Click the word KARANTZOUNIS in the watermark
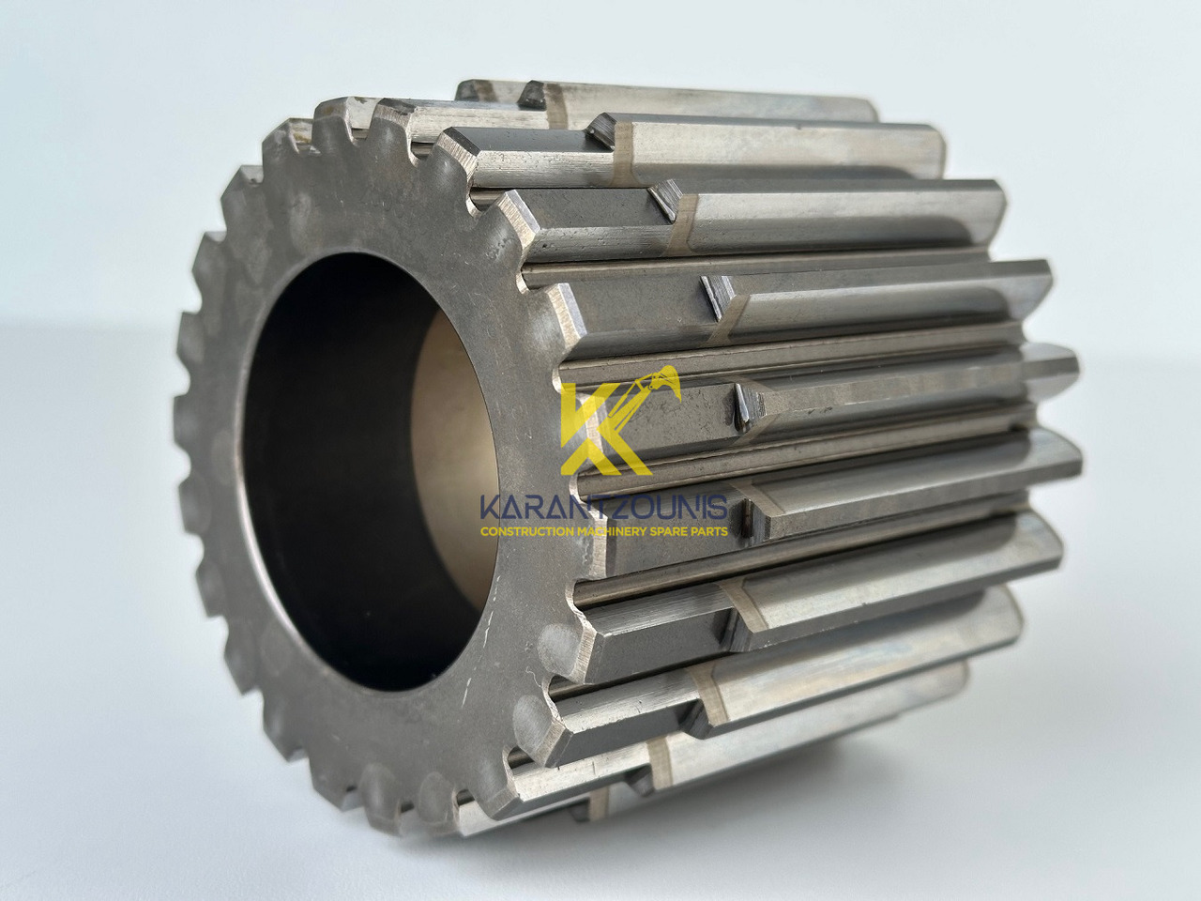(603, 508)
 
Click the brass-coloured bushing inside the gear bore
(454, 460)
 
